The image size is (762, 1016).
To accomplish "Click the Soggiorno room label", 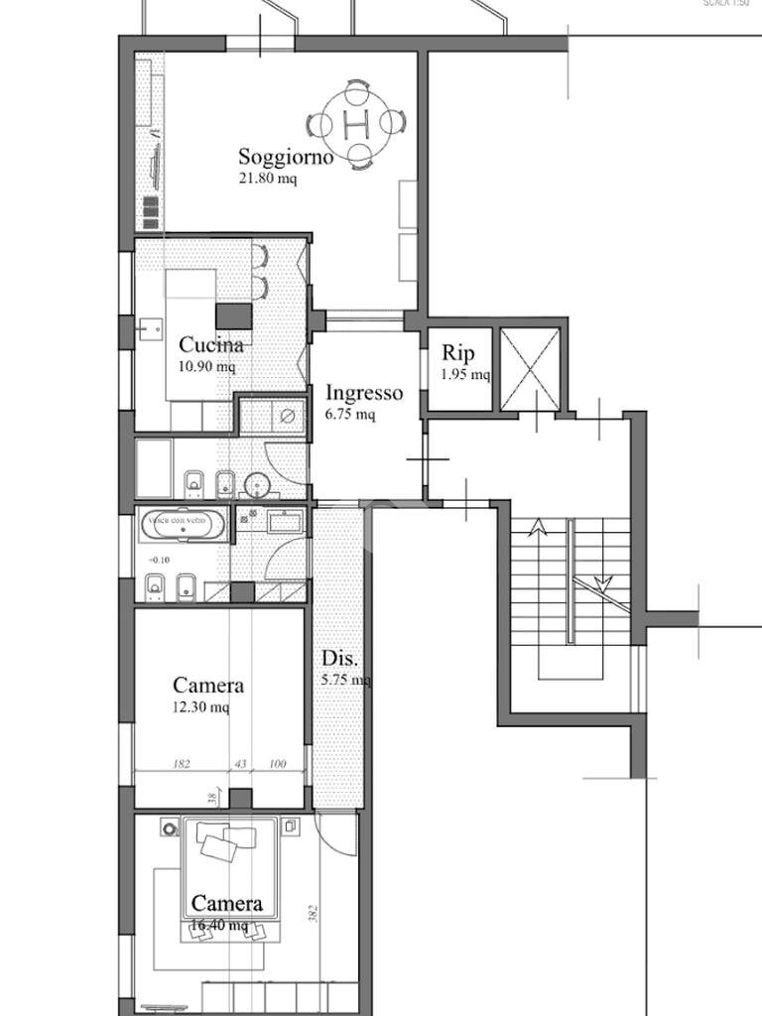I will tap(286, 156).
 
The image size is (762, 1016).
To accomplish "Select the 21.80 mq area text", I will tap(267, 180).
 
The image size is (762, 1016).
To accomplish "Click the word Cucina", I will tap(211, 345).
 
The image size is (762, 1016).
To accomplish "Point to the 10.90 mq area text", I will tap(206, 367).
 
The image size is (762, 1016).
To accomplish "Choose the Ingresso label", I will tap(364, 393).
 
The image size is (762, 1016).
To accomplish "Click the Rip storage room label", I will tap(458, 352).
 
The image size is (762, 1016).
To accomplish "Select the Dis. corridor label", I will tap(340, 659).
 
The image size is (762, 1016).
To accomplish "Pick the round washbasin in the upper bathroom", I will tap(258, 485).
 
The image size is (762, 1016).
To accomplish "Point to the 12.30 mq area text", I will tap(200, 707).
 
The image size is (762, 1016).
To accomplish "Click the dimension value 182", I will tap(182, 764).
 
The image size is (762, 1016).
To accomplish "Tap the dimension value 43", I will tap(240, 764).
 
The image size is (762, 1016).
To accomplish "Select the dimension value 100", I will tap(277, 764).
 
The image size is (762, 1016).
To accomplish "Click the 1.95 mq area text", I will tap(465, 374).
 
